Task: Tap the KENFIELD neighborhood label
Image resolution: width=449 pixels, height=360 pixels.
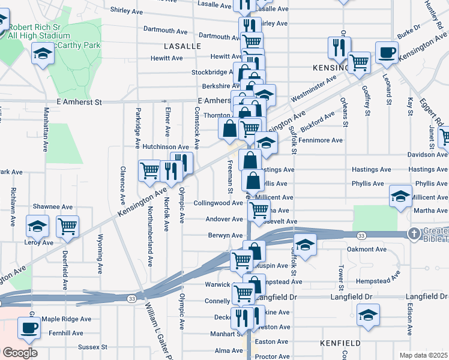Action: pos(341,343)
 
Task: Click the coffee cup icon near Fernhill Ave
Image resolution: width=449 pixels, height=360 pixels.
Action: pos(29,328)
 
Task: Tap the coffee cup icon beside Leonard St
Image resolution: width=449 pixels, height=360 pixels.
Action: pos(387,52)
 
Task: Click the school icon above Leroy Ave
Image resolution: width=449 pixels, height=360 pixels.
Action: pos(37,226)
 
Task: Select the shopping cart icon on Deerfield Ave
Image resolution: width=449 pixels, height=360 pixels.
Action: pos(68,226)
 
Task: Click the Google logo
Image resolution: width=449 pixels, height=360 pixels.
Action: pos(19,353)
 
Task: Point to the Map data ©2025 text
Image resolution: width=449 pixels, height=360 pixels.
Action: pos(423,355)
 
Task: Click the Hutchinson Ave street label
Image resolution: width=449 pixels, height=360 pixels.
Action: pos(166,146)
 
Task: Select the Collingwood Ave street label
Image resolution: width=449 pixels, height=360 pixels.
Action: pos(218,203)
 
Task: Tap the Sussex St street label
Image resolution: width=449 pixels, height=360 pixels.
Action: pos(92,347)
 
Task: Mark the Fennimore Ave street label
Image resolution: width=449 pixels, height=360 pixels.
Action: pos(321,140)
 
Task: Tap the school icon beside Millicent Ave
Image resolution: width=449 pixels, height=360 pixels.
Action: pos(400,196)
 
